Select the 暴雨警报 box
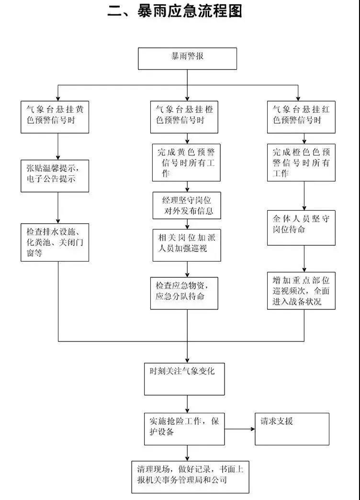tap(187, 58)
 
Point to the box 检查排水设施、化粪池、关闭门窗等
tap(55, 242)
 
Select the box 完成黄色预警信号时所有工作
tap(186, 163)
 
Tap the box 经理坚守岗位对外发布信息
tap(186, 205)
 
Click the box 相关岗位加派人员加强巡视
tap(186, 244)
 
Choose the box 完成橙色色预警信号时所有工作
tap(301, 163)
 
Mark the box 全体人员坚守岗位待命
tap(301, 224)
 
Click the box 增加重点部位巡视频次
tap(301, 291)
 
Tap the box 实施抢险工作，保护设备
tap(184, 428)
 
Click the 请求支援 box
tap(292, 428)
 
